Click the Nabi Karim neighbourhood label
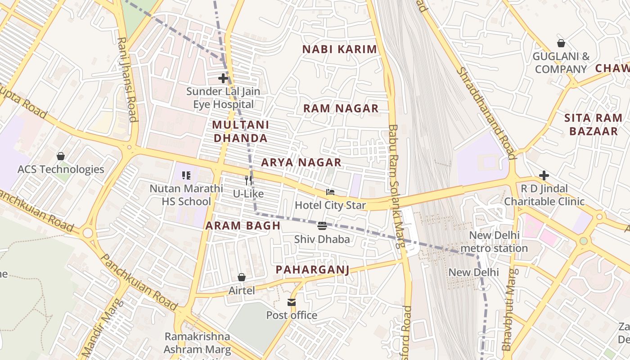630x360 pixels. click(339, 49)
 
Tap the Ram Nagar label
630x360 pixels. click(341, 108)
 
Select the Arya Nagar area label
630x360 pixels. click(301, 162)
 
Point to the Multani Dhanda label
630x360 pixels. click(240, 131)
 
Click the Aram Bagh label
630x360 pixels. click(243, 226)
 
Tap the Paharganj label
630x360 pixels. click(312, 270)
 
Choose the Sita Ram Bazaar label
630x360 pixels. click(593, 125)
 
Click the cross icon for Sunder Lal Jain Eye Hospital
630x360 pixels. click(223, 78)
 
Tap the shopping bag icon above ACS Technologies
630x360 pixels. click(61, 156)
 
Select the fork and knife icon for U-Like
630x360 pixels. click(248, 180)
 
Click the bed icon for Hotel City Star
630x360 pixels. click(330, 192)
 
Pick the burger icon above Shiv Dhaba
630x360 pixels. click(322, 226)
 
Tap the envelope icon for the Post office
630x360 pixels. click(292, 302)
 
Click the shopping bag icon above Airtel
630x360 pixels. click(242, 277)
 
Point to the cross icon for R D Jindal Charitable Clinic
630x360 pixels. click(544, 175)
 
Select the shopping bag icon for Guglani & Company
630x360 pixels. click(561, 43)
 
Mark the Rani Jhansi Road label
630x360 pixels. click(127, 79)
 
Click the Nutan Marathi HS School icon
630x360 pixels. click(186, 175)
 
